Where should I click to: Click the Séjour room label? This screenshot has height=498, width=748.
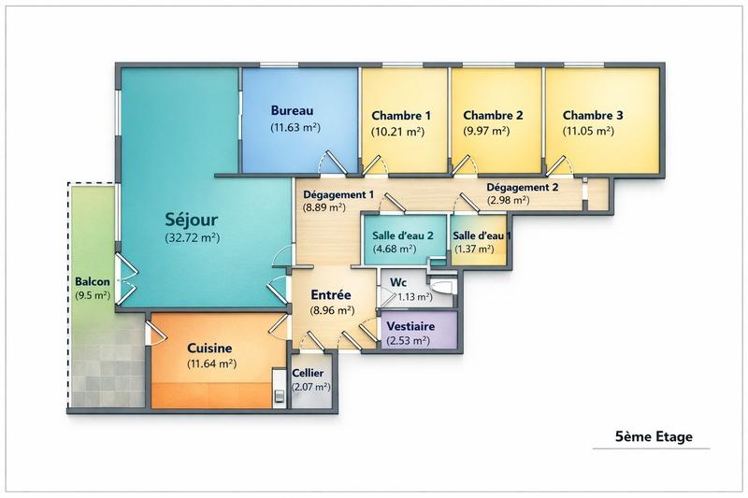point(191,221)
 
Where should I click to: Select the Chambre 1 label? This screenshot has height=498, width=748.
point(401,116)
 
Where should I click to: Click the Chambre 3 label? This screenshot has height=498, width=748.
point(593,116)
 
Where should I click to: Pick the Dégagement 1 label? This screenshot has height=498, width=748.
point(338,194)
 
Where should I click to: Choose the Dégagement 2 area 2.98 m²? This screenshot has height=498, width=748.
point(509,200)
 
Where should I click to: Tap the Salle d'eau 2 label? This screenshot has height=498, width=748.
point(401,235)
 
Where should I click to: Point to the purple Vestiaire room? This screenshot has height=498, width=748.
point(419,332)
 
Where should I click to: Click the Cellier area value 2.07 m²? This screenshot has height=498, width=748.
point(310,386)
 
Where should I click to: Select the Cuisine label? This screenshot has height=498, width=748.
point(209,348)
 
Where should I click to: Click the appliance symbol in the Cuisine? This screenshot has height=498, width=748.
point(278,390)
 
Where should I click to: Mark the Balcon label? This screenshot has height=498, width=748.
point(93,282)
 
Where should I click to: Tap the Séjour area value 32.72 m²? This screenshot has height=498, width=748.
point(192,238)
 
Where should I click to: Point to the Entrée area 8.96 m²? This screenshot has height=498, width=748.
point(332,310)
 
